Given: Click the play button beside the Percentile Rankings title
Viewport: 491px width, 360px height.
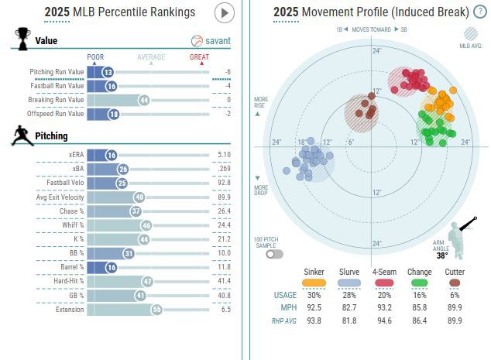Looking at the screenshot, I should (224, 12).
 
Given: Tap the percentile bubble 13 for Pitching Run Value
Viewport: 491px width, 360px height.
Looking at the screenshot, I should (108, 72).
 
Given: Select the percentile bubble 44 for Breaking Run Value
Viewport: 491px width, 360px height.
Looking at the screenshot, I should (143, 100).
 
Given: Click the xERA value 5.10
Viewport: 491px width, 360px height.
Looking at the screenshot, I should (225, 156).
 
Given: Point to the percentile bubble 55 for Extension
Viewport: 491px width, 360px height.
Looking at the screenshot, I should (156, 310).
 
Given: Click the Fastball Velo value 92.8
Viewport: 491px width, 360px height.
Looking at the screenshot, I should (225, 183).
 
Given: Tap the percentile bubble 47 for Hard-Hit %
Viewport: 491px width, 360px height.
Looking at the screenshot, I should (147, 282).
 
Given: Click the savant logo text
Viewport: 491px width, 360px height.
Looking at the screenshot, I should (217, 41).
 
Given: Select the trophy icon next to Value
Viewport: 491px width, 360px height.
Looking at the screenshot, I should (22, 39).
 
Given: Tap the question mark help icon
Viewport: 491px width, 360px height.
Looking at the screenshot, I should (479, 12).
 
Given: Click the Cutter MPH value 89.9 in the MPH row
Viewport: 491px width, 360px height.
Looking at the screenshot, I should (455, 307).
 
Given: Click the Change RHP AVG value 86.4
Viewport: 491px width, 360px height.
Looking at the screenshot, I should (421, 320).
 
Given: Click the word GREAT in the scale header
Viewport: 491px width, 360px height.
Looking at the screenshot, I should (199, 57).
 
